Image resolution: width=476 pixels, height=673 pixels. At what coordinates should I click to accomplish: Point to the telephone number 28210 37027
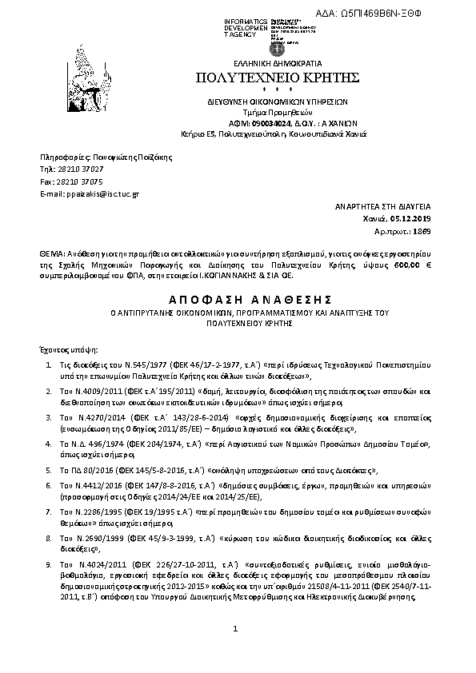pyautogui.click(x=78, y=169)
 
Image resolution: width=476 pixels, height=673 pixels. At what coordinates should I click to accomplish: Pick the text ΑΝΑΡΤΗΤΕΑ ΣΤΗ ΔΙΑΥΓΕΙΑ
pyautogui.click(x=386, y=206)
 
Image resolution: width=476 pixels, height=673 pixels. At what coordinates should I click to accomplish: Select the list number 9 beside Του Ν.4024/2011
pyautogui.click(x=50, y=564)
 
